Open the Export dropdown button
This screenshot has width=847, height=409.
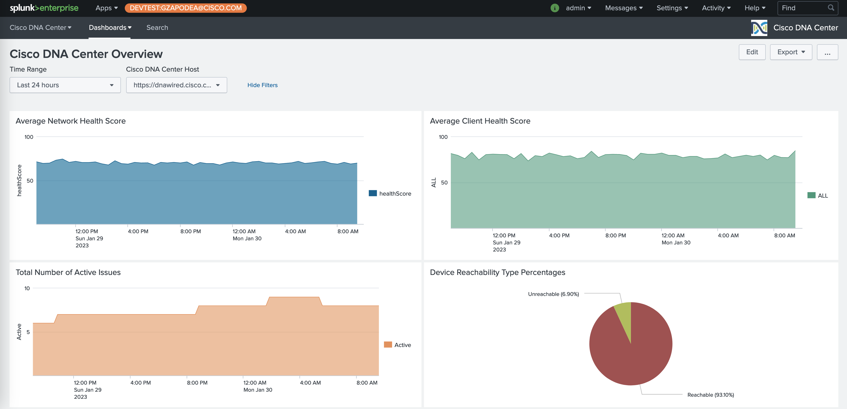(x=791, y=52)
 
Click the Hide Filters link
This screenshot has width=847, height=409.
(x=262, y=85)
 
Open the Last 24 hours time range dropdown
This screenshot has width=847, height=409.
(x=65, y=85)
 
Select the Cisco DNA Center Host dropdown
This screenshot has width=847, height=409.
(x=176, y=85)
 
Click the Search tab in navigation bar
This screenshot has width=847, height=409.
(x=157, y=28)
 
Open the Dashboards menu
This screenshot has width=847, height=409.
(x=110, y=28)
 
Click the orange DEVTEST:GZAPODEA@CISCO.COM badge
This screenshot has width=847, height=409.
(x=185, y=8)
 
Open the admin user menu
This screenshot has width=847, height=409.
(x=578, y=8)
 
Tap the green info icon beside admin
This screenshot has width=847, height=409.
(x=554, y=8)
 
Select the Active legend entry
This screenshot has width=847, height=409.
(x=398, y=345)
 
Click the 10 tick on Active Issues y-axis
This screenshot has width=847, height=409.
(x=27, y=288)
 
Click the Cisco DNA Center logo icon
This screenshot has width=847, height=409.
(x=759, y=28)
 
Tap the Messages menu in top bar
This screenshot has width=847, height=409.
(x=623, y=8)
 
